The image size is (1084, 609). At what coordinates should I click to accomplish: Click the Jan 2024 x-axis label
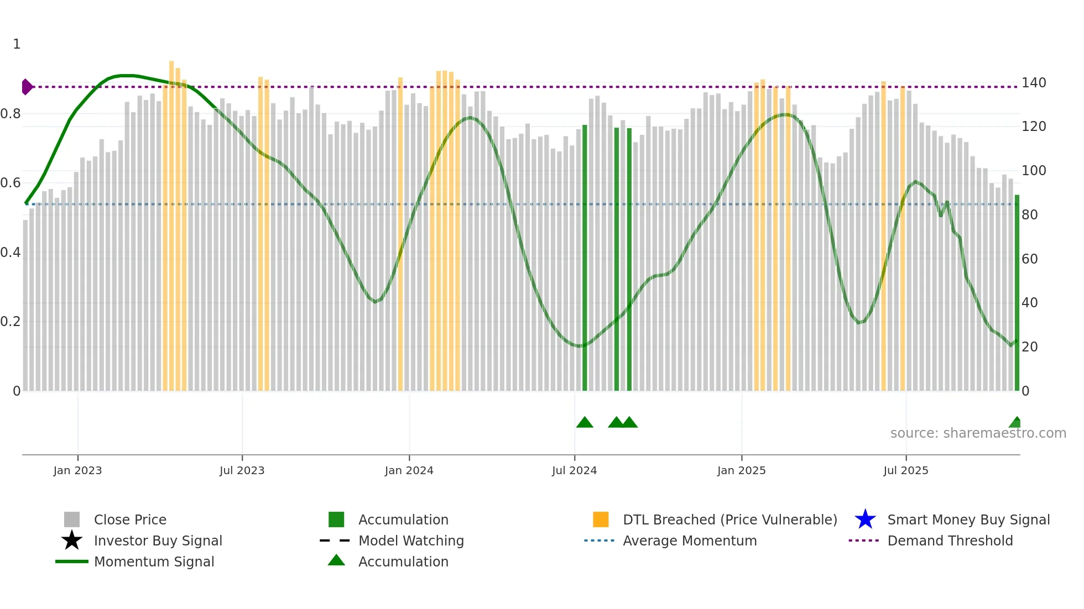409,470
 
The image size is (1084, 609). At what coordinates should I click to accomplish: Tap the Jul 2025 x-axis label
905,470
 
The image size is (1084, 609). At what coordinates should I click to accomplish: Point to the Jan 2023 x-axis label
77,470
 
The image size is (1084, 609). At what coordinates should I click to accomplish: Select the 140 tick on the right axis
1033,83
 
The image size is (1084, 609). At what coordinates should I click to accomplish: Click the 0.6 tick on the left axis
11,183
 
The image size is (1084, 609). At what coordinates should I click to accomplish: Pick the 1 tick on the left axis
17,44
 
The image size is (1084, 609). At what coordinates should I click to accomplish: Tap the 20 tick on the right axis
1029,347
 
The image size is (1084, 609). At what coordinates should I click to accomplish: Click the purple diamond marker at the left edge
27,87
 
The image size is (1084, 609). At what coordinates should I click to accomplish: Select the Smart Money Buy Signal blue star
865,519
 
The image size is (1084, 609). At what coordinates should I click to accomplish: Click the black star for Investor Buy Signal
72,540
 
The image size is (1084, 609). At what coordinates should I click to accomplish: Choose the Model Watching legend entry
411,540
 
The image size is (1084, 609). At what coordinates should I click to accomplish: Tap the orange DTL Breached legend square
601,519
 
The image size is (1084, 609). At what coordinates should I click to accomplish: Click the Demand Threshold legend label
950,540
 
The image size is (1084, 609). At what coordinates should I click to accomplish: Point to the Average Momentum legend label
689,540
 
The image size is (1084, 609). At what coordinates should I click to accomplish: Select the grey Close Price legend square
72,519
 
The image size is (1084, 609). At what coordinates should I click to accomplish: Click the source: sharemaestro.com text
978,433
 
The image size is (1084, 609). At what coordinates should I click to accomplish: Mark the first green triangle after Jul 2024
585,423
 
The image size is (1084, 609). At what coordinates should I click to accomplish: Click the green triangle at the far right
1015,423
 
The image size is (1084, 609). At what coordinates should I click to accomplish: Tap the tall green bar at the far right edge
1017,293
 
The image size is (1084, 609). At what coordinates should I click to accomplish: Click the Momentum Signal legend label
154,561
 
